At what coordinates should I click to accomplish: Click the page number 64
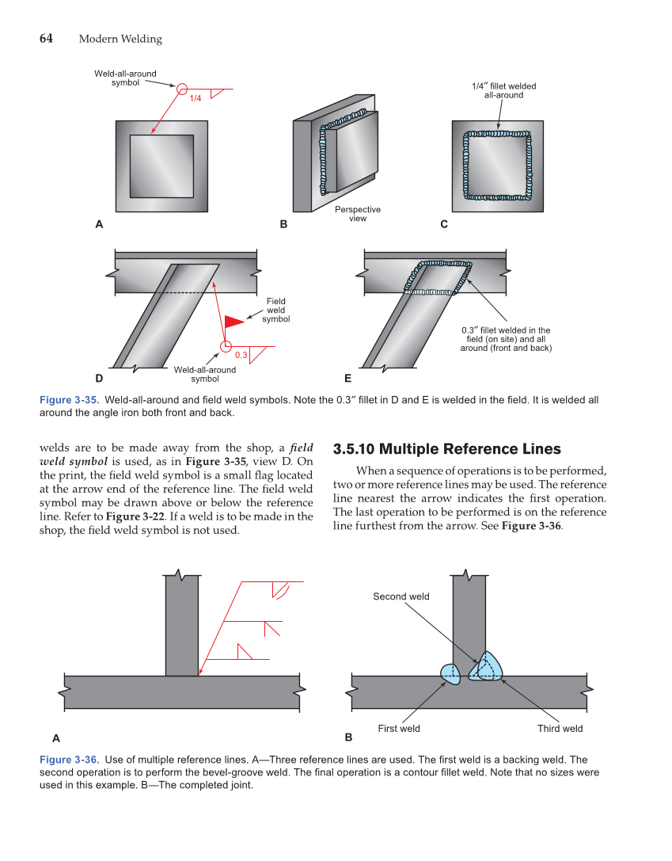coord(46,39)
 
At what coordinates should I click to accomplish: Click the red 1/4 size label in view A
coord(196,97)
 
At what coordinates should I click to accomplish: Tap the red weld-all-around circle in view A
coord(182,89)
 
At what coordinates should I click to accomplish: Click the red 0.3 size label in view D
coord(241,354)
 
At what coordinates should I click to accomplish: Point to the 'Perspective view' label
coord(358,214)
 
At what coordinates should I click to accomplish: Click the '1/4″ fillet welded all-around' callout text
coord(498,90)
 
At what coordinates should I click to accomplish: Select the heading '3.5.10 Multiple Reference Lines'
coord(447,449)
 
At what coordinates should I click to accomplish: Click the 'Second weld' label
coord(401,596)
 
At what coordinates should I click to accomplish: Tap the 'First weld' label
coord(399,729)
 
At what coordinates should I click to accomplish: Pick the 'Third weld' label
coord(560,729)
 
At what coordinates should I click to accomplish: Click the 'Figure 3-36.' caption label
coord(69,760)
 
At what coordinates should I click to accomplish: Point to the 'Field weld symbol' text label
coord(275,310)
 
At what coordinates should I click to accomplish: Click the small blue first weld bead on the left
coord(450,673)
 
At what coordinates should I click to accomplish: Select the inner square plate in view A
coord(161,166)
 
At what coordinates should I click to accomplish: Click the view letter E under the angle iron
coord(347,379)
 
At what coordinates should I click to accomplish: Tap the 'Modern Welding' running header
coord(120,39)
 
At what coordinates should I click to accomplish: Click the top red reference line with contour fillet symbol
coord(269,582)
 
